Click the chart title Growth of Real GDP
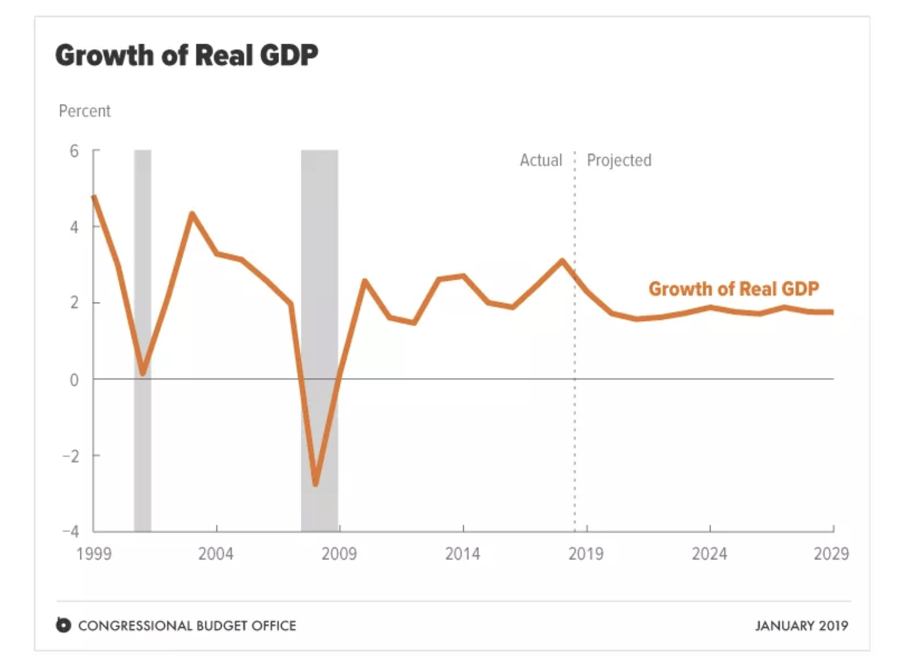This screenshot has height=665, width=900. (187, 56)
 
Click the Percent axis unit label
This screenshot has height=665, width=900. (84, 111)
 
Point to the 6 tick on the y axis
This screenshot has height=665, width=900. (74, 151)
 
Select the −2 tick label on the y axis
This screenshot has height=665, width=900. (71, 456)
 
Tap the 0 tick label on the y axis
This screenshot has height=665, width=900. (74, 380)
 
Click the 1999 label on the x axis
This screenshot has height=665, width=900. (94, 554)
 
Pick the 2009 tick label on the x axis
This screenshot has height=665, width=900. (339, 554)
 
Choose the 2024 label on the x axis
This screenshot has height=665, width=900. (709, 554)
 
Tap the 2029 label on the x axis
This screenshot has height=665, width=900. (831, 554)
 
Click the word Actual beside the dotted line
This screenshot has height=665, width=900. (541, 160)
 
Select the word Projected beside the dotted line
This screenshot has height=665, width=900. (619, 160)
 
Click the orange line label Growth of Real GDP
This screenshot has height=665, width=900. (734, 288)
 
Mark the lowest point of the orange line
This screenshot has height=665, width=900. (315, 484)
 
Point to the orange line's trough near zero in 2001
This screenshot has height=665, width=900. (143, 373)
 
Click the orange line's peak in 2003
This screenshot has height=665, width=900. (192, 214)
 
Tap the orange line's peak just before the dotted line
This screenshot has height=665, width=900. (562, 261)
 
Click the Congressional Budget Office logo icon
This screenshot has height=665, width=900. (64, 625)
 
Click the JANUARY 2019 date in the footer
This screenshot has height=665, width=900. (801, 625)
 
